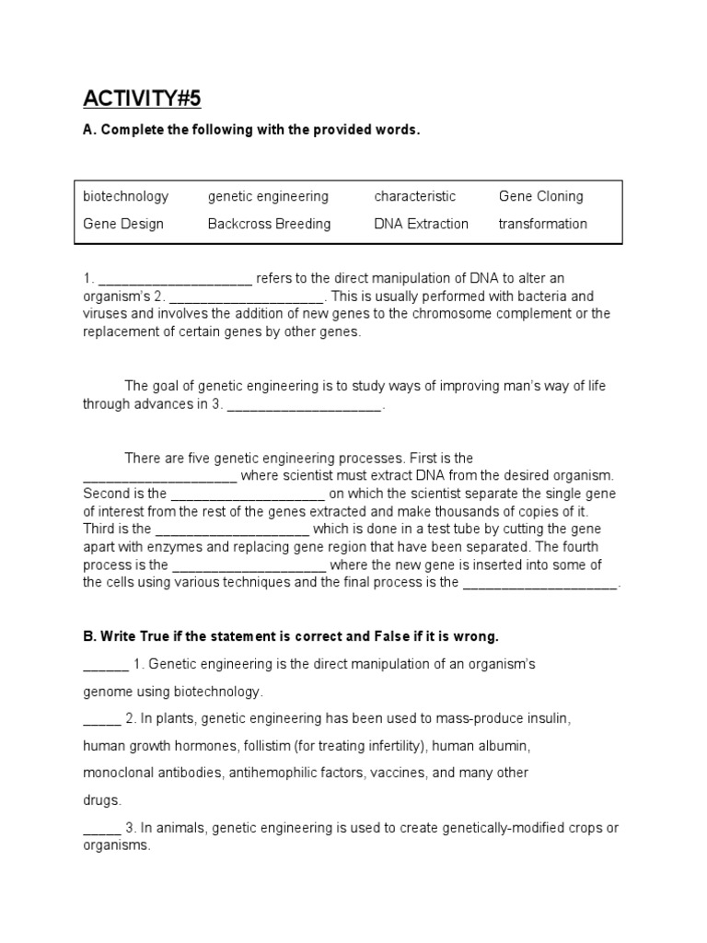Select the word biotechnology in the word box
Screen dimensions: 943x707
(125, 196)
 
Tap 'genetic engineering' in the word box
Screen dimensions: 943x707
(268, 196)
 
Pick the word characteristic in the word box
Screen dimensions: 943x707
(414, 196)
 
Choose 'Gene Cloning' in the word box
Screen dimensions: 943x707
(540, 196)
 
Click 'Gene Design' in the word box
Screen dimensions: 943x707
(123, 224)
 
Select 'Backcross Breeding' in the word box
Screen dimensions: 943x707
(269, 224)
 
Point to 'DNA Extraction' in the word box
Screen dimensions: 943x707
(421, 224)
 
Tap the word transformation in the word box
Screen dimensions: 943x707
(542, 224)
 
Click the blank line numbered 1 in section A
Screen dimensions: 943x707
(174, 280)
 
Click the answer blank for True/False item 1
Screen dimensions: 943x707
(105, 665)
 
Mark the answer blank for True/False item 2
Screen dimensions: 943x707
(101, 719)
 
